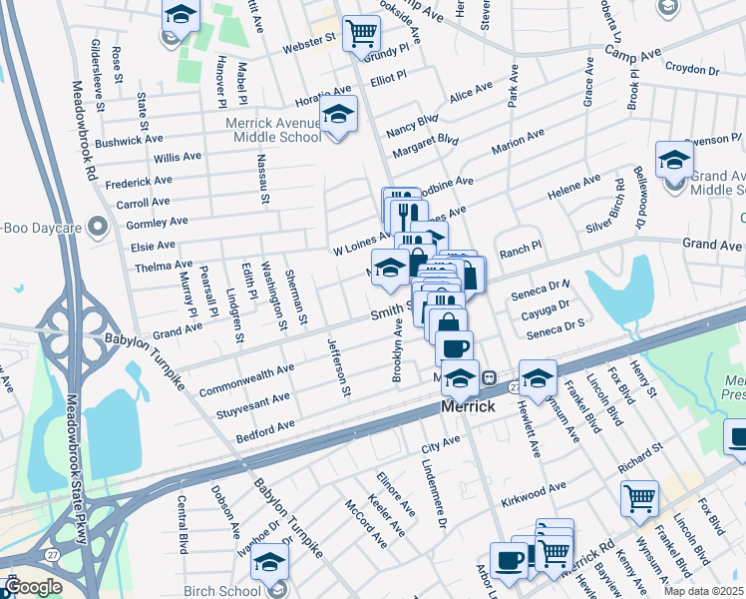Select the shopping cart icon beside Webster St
360,33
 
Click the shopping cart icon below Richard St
638,497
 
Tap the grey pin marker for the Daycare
98,228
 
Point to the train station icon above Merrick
489,377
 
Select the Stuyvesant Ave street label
245,406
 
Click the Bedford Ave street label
265,431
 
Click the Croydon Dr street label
692,71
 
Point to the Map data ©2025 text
702,591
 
